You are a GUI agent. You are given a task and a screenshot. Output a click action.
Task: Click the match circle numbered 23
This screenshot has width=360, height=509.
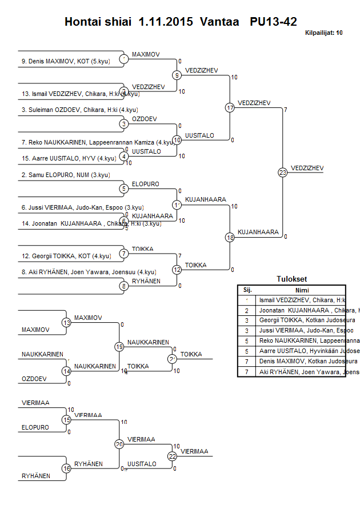coord(283,173)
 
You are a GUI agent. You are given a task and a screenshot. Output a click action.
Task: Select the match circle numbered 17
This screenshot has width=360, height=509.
coord(230,107)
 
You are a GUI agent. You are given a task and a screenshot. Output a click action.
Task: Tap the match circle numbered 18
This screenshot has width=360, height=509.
coord(230,237)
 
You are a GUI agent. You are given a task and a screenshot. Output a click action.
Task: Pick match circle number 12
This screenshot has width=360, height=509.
coord(177,270)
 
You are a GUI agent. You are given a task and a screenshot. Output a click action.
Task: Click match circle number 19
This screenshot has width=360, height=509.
coord(119,347)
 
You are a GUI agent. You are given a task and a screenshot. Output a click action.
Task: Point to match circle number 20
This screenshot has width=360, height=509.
coord(119,444)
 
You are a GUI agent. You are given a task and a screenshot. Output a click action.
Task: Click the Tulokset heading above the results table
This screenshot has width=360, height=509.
coord(291,279)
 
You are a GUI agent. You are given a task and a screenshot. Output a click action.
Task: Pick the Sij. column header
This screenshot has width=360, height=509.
coord(247,290)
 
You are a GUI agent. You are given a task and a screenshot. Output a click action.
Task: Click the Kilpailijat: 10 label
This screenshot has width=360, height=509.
coord(323,33)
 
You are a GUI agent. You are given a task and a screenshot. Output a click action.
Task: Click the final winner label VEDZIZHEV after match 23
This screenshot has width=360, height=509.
coord(307,168)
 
